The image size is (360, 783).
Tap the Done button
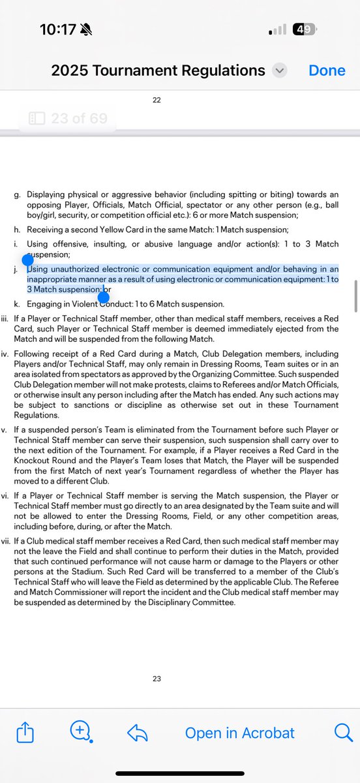coord(327,70)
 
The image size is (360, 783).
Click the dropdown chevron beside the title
coord(280,70)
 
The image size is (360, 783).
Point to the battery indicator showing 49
coord(304,29)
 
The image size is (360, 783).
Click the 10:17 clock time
coord(57,29)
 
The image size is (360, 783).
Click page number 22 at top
coord(157,100)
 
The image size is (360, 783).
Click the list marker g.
coord(17,195)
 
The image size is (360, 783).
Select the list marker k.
coord(17,304)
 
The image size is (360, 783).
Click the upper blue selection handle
coord(27,260)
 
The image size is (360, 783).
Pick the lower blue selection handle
coord(103,298)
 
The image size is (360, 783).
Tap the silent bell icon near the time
coord(85,29)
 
